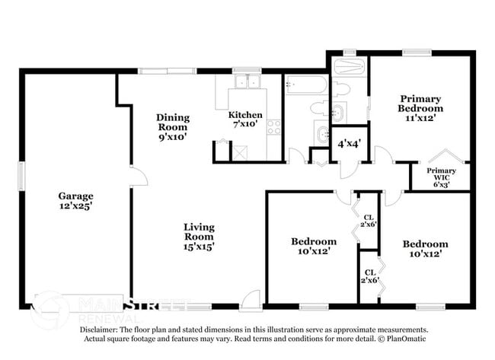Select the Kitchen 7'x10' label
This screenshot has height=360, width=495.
click(246, 119)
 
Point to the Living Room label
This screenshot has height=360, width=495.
click(198, 236)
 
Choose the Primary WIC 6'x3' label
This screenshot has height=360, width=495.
click(441, 177)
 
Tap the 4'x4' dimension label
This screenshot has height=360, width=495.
click(350, 143)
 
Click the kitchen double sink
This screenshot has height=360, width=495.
click(247, 81)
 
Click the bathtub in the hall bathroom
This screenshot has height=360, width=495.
click(306, 84)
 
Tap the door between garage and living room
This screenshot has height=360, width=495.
click(139, 178)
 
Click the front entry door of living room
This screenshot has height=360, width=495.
click(250, 302)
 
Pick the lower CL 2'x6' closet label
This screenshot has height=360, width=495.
click(369, 276)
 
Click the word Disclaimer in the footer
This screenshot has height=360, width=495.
click(101, 330)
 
